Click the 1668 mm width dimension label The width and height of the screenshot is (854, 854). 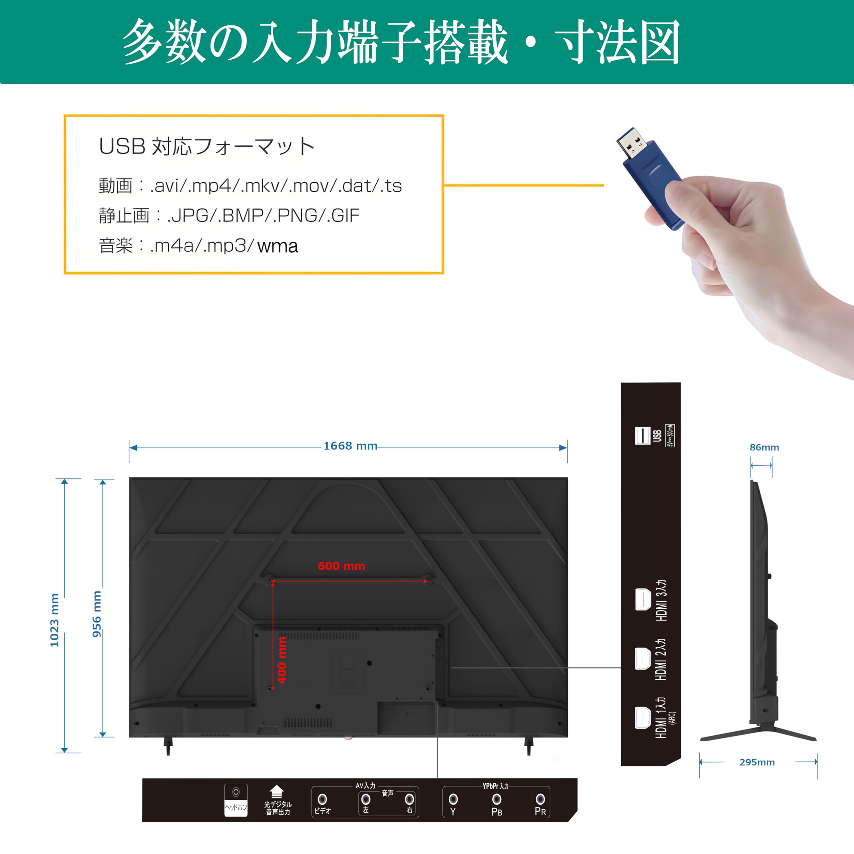pos(350,446)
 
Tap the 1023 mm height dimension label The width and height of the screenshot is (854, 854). pos(54,620)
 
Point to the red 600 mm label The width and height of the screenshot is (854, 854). pos(341,566)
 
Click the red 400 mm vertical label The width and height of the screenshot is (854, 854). pos(282,660)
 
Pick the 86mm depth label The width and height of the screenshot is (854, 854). pos(764,447)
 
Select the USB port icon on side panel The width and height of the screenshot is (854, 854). pos(642,435)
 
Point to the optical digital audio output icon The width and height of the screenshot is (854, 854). pos(276,791)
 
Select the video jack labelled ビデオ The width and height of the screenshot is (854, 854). pos(323,799)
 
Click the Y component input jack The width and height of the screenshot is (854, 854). pos(453,799)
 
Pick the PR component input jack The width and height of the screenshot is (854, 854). pos(540,799)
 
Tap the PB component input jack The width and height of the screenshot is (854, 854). pos(497,799)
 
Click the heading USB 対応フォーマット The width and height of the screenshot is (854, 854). pos(207,146)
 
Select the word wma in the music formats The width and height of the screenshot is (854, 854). pos(278,246)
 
